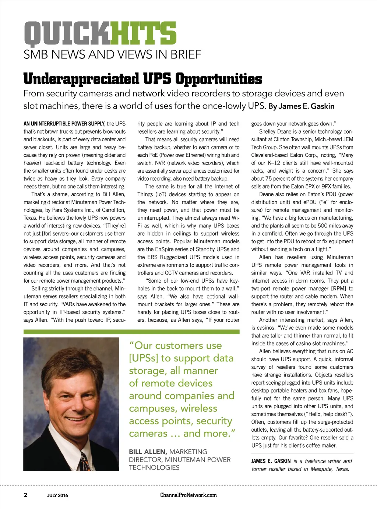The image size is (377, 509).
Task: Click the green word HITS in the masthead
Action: (143, 33)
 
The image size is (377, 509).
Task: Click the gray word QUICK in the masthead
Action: (67, 33)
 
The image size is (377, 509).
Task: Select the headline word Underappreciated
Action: (81, 79)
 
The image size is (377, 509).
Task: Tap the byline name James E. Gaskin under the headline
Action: (307, 106)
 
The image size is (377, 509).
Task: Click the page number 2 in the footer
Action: (25, 495)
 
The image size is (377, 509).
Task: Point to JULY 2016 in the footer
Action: (57, 495)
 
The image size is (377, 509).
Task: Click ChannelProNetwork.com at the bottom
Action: (188, 495)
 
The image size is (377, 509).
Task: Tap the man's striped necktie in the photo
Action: (85, 462)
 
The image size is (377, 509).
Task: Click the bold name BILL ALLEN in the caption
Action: (148, 452)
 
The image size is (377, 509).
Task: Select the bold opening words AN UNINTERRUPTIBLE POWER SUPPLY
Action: (64, 124)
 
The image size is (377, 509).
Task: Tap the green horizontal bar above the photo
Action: (131, 332)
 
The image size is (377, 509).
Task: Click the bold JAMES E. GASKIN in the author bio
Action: (271, 461)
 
